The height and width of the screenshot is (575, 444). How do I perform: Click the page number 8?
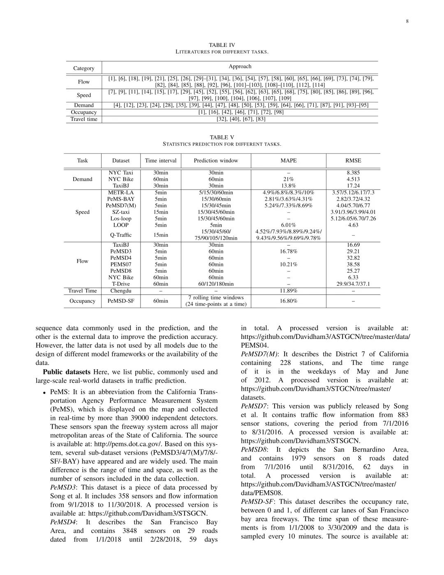point(407,21)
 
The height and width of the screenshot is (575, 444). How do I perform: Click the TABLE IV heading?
point(222,45)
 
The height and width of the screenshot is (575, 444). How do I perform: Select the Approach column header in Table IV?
point(240,66)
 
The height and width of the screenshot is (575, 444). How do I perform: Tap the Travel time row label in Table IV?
point(84,119)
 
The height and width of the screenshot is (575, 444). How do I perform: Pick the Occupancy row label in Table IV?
point(84,112)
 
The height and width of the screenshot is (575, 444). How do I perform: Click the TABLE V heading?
point(222,137)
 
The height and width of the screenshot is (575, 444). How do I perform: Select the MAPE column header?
point(289,160)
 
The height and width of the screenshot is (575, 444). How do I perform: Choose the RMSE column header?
point(353,160)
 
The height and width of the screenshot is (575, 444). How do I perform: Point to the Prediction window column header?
point(216,160)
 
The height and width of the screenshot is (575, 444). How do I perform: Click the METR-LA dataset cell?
point(121,192)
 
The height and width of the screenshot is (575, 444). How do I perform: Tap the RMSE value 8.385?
point(353,173)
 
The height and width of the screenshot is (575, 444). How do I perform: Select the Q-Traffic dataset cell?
point(121,235)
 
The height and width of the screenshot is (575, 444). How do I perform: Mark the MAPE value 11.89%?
point(289,291)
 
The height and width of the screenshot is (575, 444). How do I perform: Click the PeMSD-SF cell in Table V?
point(121,301)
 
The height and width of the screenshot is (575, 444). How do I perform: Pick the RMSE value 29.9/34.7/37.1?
point(353,284)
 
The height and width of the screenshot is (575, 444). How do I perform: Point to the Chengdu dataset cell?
point(121,291)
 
